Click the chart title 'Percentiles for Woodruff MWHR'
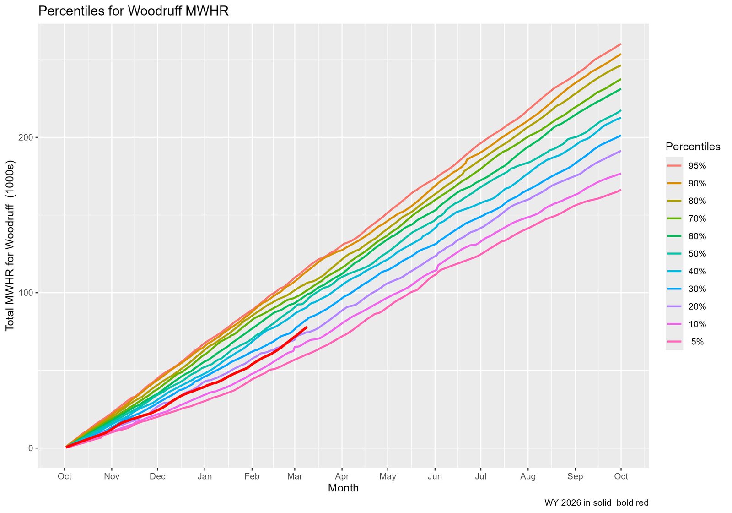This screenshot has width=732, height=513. (x=133, y=11)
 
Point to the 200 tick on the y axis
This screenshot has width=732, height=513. (x=27, y=137)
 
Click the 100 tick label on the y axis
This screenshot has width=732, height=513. (x=27, y=293)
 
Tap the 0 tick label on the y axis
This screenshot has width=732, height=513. (x=31, y=448)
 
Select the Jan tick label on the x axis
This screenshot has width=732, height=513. (x=205, y=476)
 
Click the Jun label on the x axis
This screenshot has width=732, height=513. (x=435, y=476)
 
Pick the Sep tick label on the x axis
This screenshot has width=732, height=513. (x=575, y=476)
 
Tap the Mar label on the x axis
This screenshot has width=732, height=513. (x=295, y=476)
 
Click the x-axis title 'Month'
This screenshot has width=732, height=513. (x=343, y=488)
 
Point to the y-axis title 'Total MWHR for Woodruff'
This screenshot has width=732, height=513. (x=11, y=246)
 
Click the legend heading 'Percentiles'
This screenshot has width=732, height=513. (x=693, y=147)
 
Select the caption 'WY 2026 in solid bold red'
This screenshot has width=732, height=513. (x=596, y=503)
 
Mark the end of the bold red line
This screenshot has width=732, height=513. (x=306, y=327)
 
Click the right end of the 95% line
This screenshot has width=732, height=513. (x=620, y=44)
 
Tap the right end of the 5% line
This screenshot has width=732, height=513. (x=620, y=190)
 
